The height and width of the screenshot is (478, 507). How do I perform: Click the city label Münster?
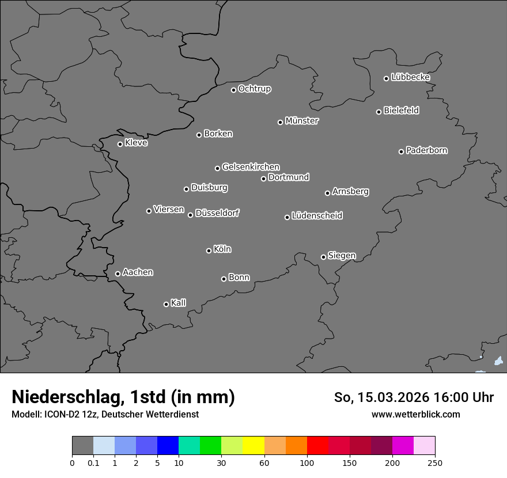pyautogui.click(x=302, y=121)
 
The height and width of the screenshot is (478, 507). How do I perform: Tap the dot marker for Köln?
pyautogui.click(x=209, y=251)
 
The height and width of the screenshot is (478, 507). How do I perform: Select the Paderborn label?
pyautogui.click(x=427, y=150)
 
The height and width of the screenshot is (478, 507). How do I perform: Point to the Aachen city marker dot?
pyautogui.click(x=118, y=274)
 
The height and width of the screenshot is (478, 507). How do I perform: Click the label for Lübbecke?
pyautogui.click(x=411, y=77)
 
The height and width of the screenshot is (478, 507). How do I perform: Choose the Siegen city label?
pyautogui.click(x=342, y=256)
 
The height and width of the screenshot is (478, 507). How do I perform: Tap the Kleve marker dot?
pyautogui.click(x=120, y=144)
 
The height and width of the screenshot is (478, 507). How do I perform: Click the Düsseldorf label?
pyautogui.click(x=217, y=213)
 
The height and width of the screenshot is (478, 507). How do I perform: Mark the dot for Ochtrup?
pyautogui.click(x=233, y=90)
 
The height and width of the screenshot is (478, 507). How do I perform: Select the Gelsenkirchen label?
pyautogui.click(x=251, y=167)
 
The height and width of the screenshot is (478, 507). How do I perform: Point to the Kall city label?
pyautogui.click(x=179, y=303)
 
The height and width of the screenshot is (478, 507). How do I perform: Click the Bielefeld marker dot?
pyautogui.click(x=379, y=112)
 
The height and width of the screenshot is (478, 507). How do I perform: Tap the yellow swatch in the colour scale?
pyautogui.click(x=253, y=446)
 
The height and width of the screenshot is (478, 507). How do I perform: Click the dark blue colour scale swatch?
pyautogui.click(x=168, y=446)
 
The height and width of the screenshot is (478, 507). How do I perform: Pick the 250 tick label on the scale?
pyautogui.click(x=435, y=462)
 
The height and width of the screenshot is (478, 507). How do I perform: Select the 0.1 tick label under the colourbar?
pyautogui.click(x=93, y=462)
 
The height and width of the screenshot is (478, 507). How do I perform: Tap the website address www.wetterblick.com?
pyautogui.click(x=416, y=414)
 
